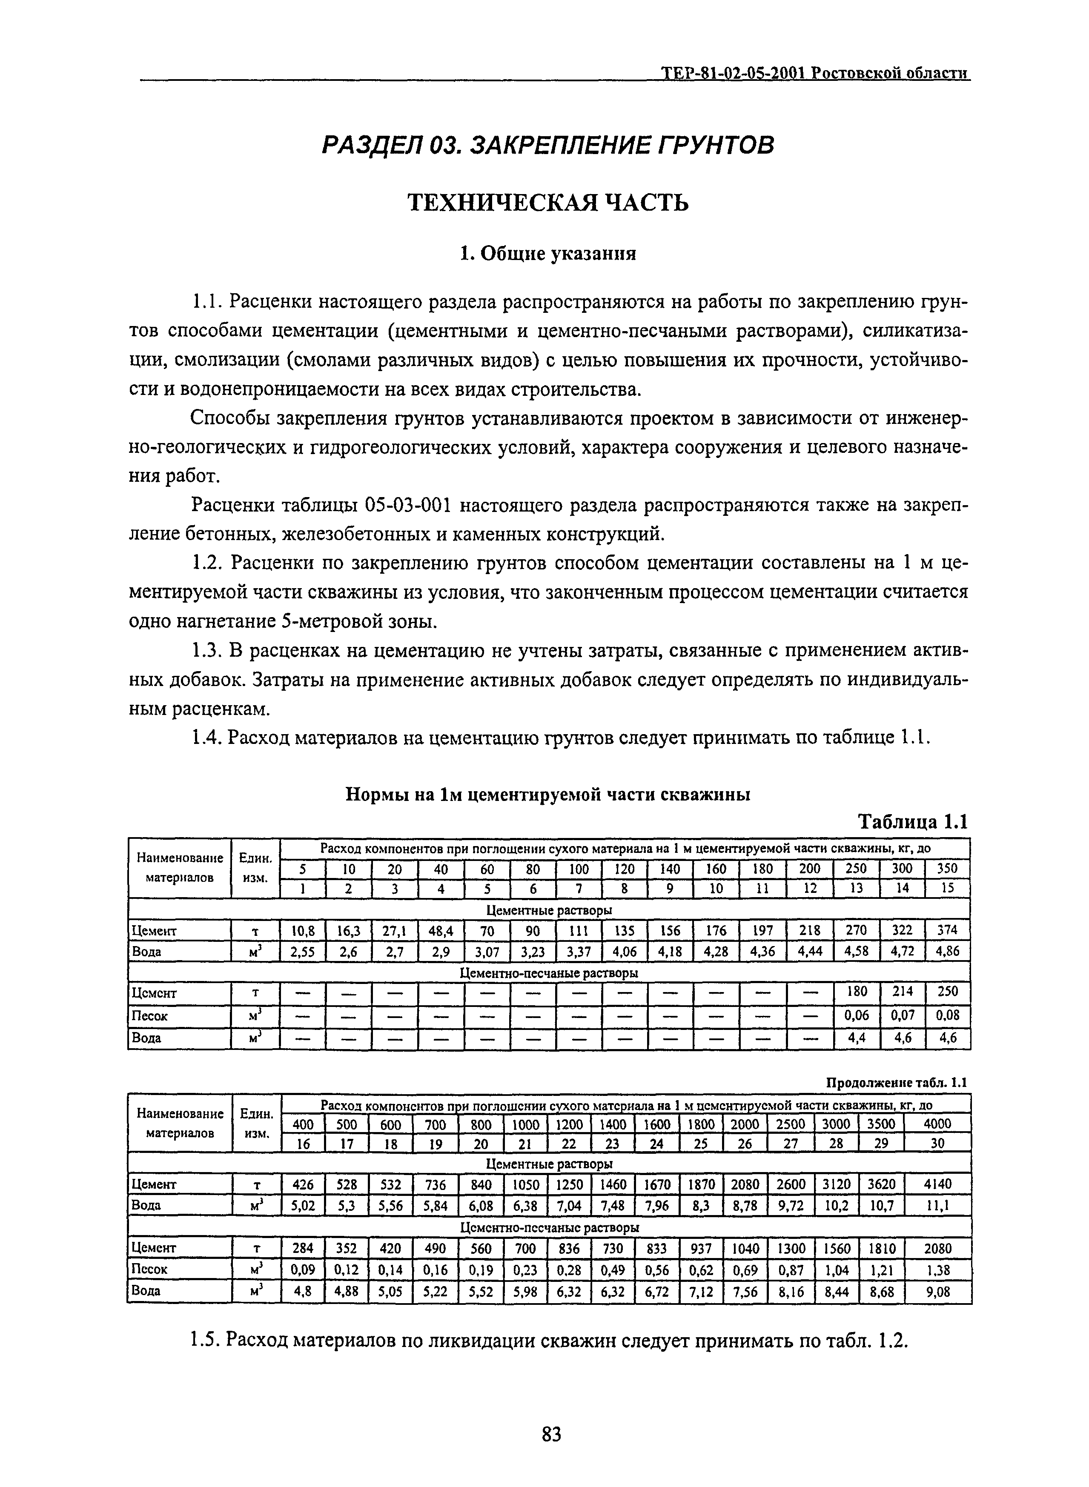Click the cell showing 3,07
pyautogui.click(x=487, y=951)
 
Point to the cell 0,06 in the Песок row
pyautogui.click(x=856, y=1015)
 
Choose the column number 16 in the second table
pyautogui.click(x=303, y=1144)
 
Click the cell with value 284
pyautogui.click(x=303, y=1248)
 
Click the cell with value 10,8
pyautogui.click(x=303, y=930)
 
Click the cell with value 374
pyautogui.click(x=947, y=930)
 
